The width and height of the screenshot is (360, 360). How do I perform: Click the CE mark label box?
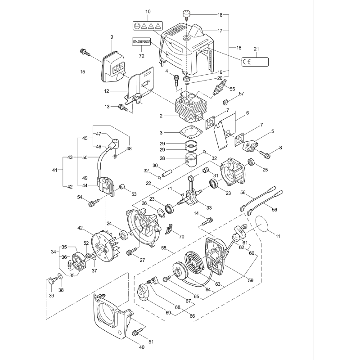pyautogui.click(x=254, y=62)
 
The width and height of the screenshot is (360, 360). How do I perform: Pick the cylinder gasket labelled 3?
pyautogui.click(x=189, y=132)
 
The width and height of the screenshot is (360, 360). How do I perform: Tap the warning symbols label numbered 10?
pyautogui.click(x=148, y=26)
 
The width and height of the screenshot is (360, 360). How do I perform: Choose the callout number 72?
pyautogui.click(x=141, y=56)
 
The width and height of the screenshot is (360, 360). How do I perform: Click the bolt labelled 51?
pyautogui.click(x=136, y=333)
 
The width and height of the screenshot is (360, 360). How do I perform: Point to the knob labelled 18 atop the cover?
pyautogui.click(x=185, y=14)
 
